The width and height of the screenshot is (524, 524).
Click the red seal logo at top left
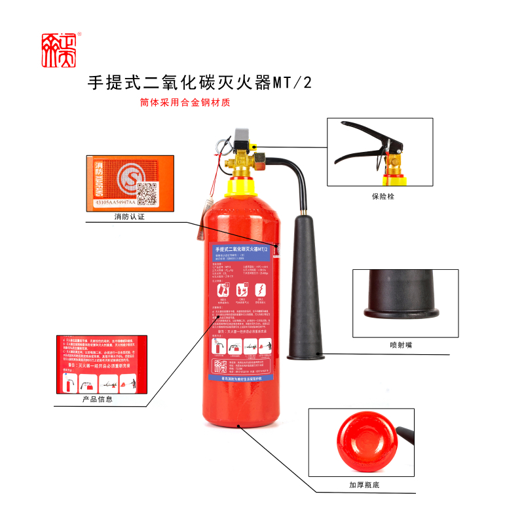[60, 50]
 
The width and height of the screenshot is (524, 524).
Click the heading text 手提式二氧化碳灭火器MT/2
[200, 83]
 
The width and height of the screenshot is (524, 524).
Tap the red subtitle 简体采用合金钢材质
[185, 103]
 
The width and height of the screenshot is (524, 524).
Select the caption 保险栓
[381, 196]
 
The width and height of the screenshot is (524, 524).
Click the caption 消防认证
[129, 217]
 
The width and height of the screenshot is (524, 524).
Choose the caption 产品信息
[98, 399]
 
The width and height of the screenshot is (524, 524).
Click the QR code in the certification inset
[148, 194]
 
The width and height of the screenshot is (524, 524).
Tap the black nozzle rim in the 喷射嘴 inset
[401, 308]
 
